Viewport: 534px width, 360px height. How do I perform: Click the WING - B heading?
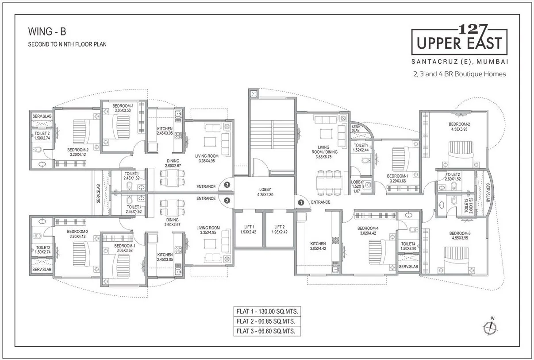[47, 32]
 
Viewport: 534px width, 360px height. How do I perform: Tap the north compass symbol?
[489, 327]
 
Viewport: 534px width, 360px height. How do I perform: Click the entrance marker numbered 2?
[227, 200]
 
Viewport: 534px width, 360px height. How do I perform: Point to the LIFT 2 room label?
[279, 229]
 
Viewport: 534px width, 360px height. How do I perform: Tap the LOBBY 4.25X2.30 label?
[266, 192]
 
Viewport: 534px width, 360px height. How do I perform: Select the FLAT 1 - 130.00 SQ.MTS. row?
[266, 311]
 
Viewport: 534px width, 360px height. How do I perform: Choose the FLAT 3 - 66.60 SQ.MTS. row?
[266, 331]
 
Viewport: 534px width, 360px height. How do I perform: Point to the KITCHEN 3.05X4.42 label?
[318, 246]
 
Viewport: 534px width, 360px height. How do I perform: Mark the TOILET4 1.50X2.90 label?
[408, 246]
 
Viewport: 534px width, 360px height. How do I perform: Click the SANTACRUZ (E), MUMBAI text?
[459, 61]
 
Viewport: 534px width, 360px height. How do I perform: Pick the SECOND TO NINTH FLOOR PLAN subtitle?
[67, 44]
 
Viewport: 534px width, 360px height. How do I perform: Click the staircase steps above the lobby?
[272, 133]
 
